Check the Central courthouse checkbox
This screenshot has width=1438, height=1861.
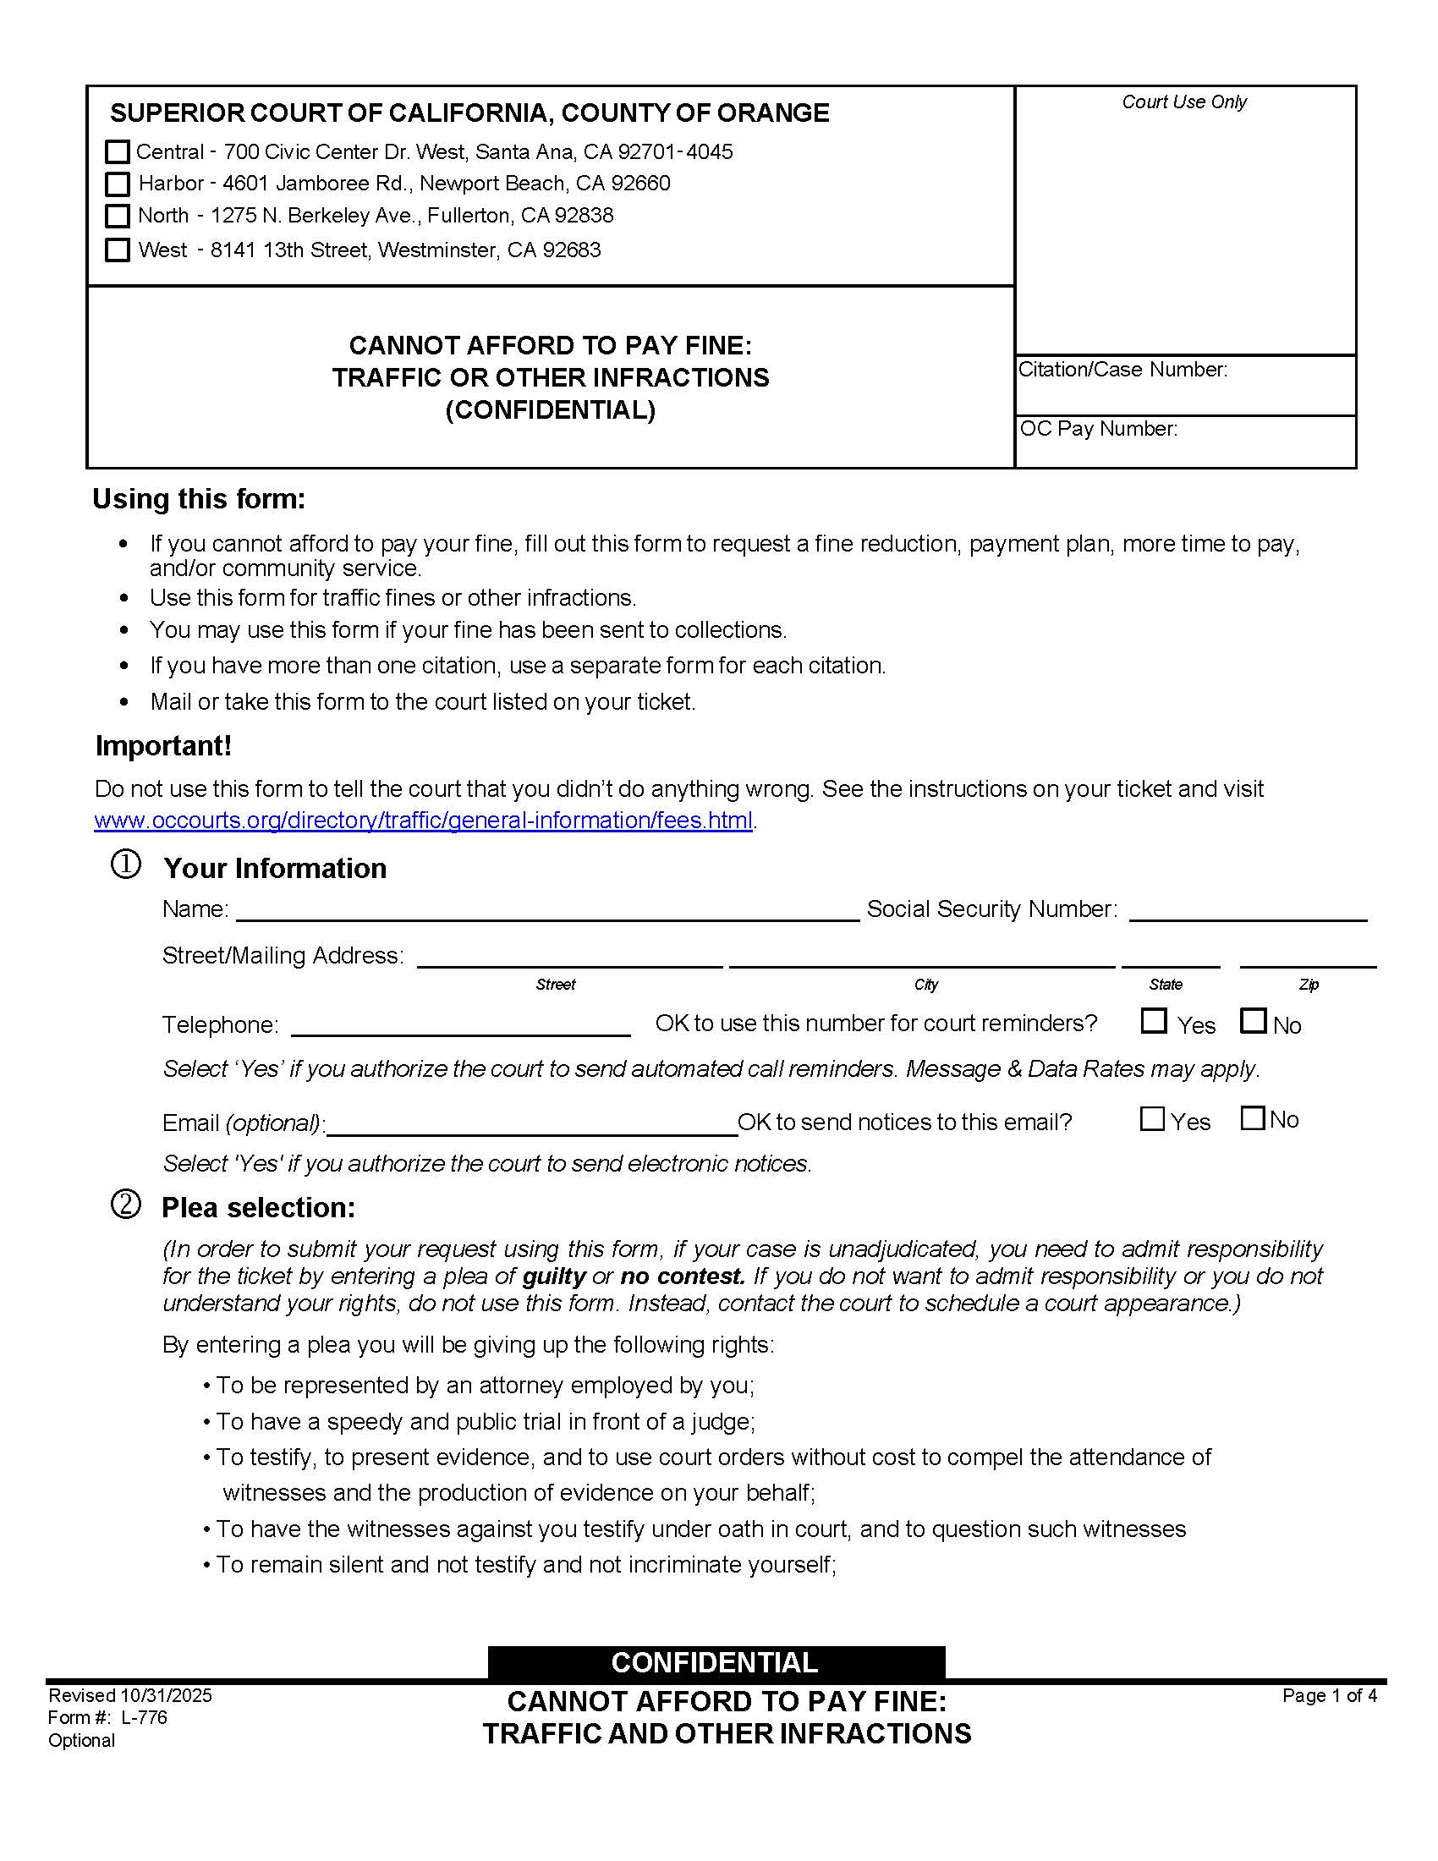click(x=117, y=151)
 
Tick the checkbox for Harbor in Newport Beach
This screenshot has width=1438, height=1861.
click(x=117, y=184)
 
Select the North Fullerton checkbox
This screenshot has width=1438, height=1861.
click(x=117, y=216)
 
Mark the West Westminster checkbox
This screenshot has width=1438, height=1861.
click(x=117, y=250)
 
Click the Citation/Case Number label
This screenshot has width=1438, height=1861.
click(x=1122, y=370)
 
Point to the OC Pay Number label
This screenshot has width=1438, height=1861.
click(x=1099, y=429)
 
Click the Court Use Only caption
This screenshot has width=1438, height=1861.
click(x=1184, y=102)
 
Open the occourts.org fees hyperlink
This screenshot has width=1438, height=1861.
click(x=424, y=820)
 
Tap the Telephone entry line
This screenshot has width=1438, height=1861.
click(x=460, y=1026)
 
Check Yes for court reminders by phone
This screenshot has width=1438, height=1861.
click(x=1154, y=1021)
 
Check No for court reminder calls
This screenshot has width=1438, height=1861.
click(x=1253, y=1021)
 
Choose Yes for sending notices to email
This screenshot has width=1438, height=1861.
click(x=1152, y=1119)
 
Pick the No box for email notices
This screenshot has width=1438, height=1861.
click(x=1252, y=1118)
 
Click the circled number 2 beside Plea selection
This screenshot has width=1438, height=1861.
click(x=126, y=1205)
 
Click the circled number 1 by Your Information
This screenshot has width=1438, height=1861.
click(x=126, y=865)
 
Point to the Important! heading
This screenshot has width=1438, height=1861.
click(x=163, y=745)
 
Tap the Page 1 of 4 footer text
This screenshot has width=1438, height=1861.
click(x=1329, y=1696)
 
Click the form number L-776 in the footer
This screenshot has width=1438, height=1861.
click(x=144, y=1718)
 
